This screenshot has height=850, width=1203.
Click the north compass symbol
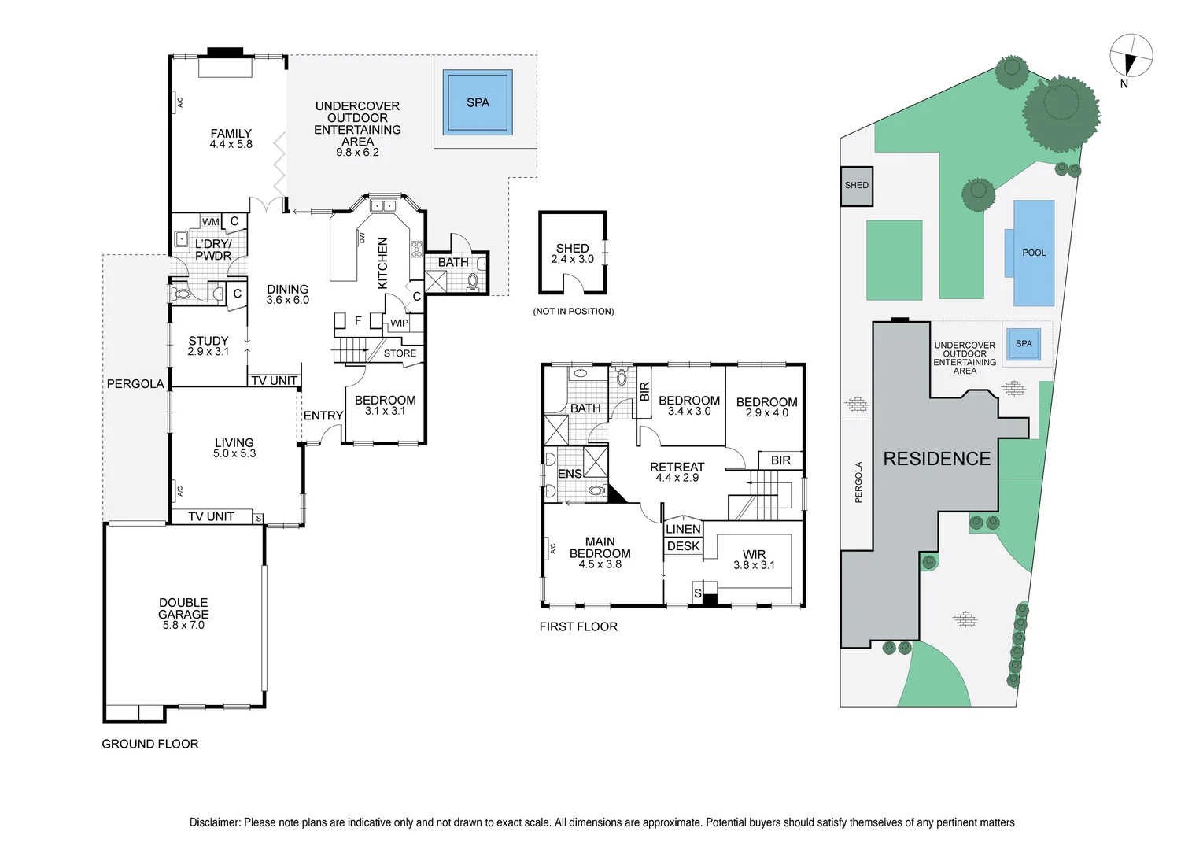1131,57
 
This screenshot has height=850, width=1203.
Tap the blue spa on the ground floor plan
478,102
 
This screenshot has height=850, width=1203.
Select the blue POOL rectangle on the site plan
1034,253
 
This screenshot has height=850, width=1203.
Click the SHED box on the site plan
857,186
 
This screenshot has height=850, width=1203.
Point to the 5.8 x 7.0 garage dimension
183,626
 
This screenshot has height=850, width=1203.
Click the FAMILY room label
231,133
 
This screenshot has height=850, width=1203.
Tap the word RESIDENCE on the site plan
936,459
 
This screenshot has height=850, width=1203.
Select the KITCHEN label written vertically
383,263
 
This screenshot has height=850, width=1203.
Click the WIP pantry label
400,323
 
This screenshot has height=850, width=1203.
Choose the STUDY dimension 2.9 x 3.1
208,352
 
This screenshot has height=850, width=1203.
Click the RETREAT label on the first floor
677,467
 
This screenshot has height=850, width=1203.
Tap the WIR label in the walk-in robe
754,554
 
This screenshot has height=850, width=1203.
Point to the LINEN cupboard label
683,529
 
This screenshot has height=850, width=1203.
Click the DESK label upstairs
683,546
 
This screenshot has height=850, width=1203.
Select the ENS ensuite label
570,474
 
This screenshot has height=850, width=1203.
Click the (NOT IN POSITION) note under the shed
574,312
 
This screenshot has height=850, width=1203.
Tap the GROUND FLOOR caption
150,744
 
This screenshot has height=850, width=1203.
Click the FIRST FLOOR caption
578,626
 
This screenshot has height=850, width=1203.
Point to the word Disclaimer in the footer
214,822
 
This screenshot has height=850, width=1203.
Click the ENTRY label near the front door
323,416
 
